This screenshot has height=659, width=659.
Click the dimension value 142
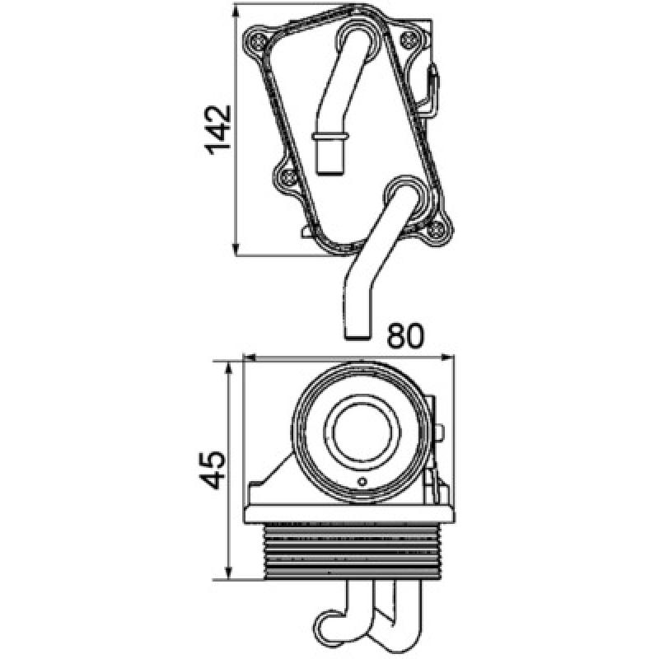pos(217,130)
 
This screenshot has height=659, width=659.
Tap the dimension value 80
pos(406,335)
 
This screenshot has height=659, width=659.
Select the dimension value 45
pos(212,470)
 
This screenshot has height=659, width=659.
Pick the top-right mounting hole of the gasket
pos(409,40)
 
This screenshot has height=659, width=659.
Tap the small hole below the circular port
pos(361,482)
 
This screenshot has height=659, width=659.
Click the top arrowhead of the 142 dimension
pos(237,12)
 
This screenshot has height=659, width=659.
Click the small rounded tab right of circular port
pos(442,432)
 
